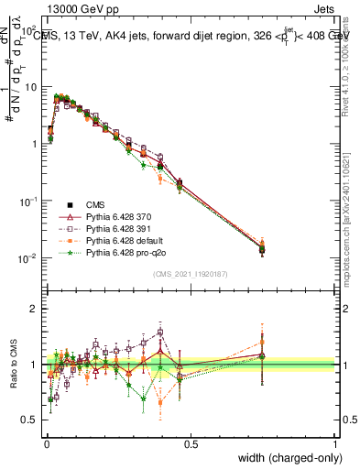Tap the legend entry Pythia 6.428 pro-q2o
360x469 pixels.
(x=126, y=251)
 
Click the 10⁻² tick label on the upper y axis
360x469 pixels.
(x=29, y=258)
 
